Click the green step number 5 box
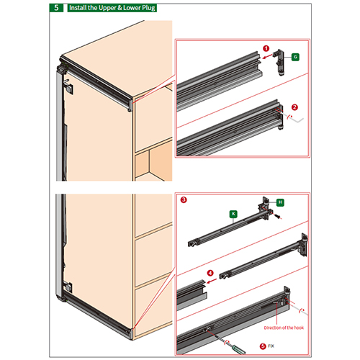56,8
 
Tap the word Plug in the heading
149,8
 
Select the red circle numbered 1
266,48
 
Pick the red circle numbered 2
294,107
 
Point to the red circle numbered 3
184,199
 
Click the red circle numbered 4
210,273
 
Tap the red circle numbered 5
263,346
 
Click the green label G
295,57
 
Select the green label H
280,202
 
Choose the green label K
233,214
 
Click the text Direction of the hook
284,328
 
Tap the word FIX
271,346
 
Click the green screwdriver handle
239,349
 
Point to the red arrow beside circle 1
267,56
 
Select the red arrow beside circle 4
212,281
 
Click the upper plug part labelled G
279,63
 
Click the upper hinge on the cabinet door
68,88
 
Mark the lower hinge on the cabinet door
68,287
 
